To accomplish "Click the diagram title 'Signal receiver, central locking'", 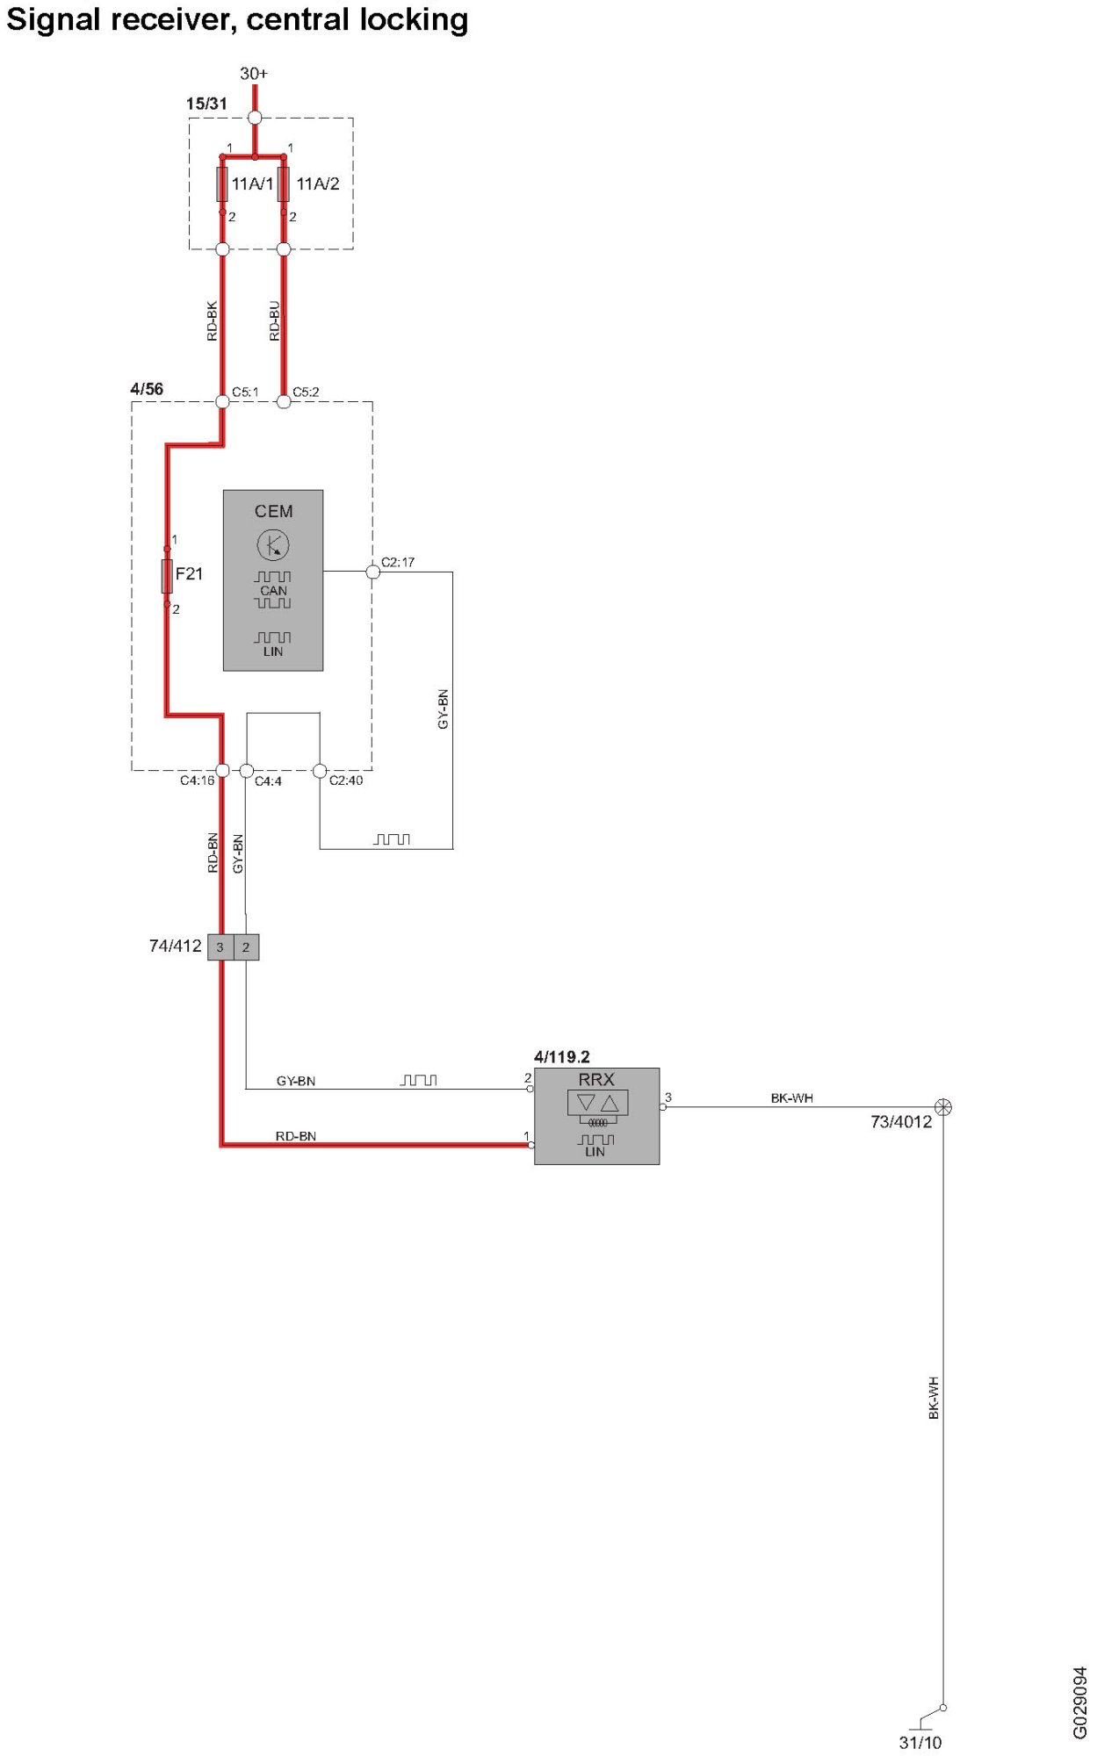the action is (x=237, y=19).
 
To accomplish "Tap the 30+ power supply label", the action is (x=254, y=74).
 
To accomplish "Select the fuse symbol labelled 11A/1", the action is (x=222, y=184).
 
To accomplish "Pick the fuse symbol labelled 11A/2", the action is (x=283, y=184).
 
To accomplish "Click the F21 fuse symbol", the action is (x=167, y=576).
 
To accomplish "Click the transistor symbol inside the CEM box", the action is (x=273, y=545).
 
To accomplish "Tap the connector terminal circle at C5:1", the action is (x=222, y=402).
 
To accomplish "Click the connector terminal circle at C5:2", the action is (x=283, y=402).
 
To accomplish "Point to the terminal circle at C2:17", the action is (x=372, y=572).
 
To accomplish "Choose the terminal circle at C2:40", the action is (x=320, y=771).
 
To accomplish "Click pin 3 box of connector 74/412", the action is (x=220, y=947).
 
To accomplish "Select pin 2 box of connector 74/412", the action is (x=246, y=947).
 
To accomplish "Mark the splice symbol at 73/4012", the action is (x=942, y=1107).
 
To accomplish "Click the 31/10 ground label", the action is (x=920, y=1742).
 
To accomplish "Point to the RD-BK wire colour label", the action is (x=212, y=321).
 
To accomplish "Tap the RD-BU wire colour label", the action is (x=274, y=321).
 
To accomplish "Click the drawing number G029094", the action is (x=1079, y=1702).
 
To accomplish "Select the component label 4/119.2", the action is (x=561, y=1056).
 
